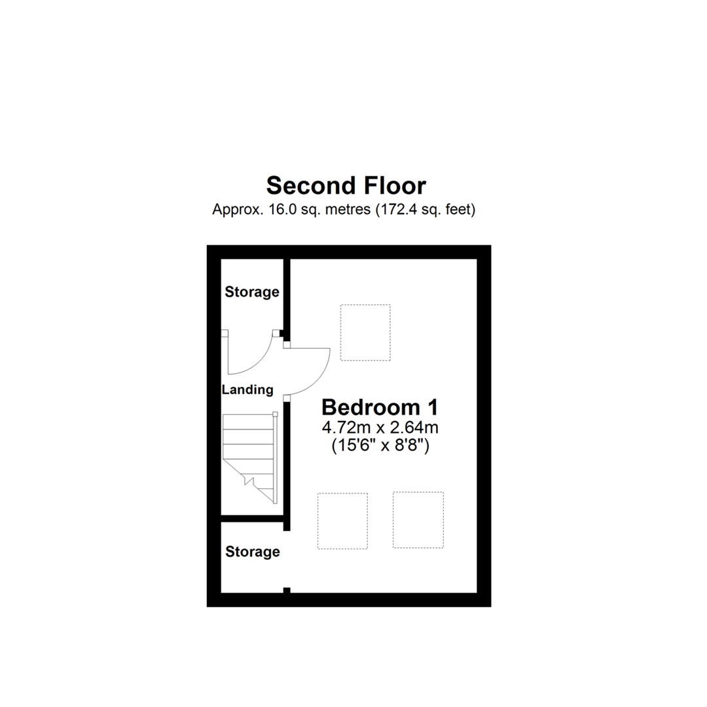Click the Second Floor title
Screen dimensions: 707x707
[346, 186]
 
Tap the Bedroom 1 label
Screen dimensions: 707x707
[380, 407]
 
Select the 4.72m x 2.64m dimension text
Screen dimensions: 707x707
[380, 429]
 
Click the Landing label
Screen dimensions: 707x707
[247, 390]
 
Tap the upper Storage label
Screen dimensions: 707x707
[252, 292]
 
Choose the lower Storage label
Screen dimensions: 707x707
[253, 552]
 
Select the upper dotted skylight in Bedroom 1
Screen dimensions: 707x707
[365, 333]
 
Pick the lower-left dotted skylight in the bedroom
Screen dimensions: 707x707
[342, 521]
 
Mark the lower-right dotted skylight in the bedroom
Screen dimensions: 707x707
[418, 520]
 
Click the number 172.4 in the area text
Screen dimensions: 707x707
[397, 210]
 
